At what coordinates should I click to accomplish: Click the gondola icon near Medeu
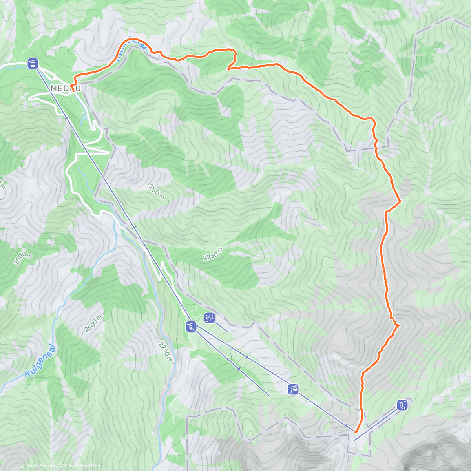pyautogui.click(x=33, y=63)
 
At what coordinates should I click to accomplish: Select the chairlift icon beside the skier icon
pyautogui.click(x=191, y=326)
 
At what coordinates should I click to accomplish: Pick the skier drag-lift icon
pyautogui.click(x=210, y=318)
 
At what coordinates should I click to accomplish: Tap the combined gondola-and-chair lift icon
pyautogui.click(x=293, y=389)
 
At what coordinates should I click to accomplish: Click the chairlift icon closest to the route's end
pyautogui.click(x=402, y=405)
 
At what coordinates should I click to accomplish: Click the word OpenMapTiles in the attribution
pyautogui.click(x=41, y=466)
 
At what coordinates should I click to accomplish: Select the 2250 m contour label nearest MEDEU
pyautogui.click(x=156, y=190)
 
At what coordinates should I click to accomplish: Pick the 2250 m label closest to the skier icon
pyautogui.click(x=165, y=352)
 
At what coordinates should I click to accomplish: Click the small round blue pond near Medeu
pyautogui.click(x=85, y=118)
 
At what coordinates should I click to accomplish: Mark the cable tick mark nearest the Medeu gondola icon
pyautogui.click(x=66, y=117)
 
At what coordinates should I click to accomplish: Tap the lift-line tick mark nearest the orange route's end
pyautogui.click(x=346, y=425)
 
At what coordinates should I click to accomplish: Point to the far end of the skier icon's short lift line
pyautogui.click(x=228, y=332)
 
